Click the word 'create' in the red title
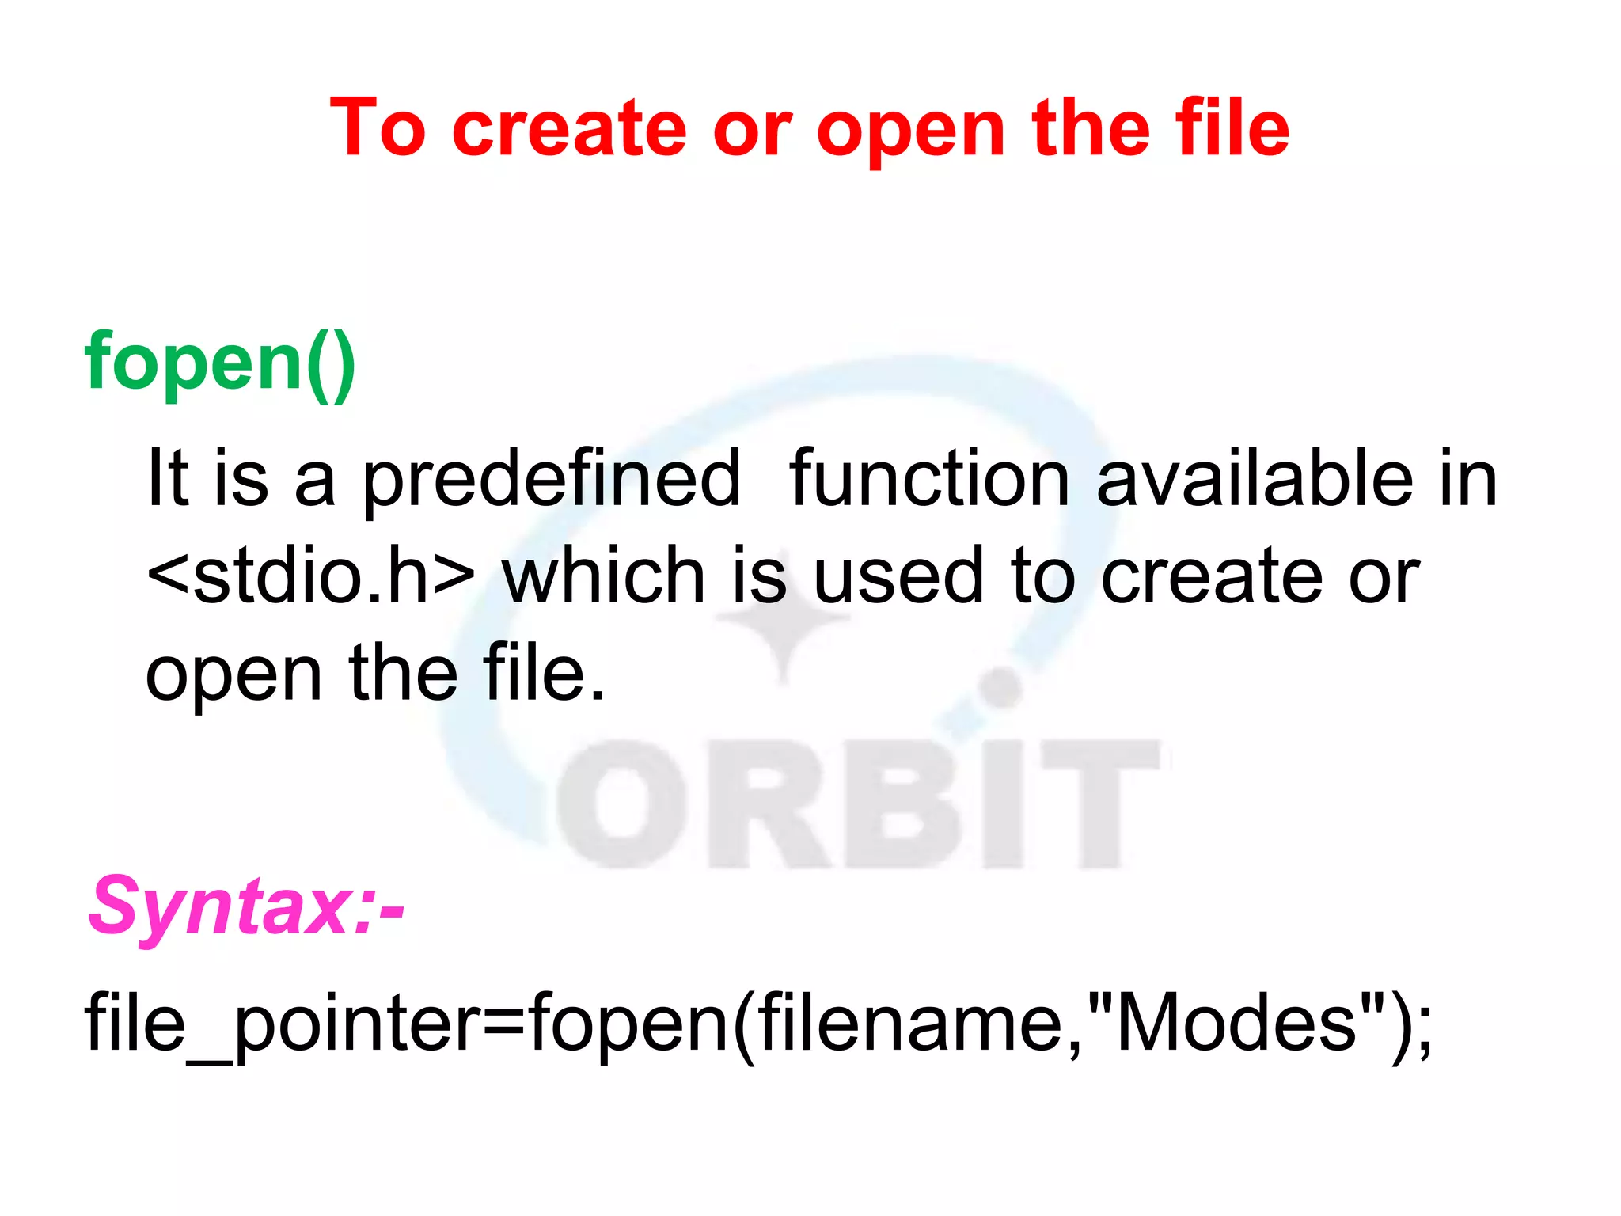[568, 128]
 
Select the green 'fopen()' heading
[221, 363]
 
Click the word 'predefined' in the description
[552, 480]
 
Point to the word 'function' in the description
[929, 478]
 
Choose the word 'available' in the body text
[1255, 478]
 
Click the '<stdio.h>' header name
[311, 576]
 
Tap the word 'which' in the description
[603, 576]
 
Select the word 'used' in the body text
[898, 576]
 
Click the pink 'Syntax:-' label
[246, 906]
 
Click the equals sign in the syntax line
[504, 1024]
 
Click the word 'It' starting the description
[168, 478]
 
